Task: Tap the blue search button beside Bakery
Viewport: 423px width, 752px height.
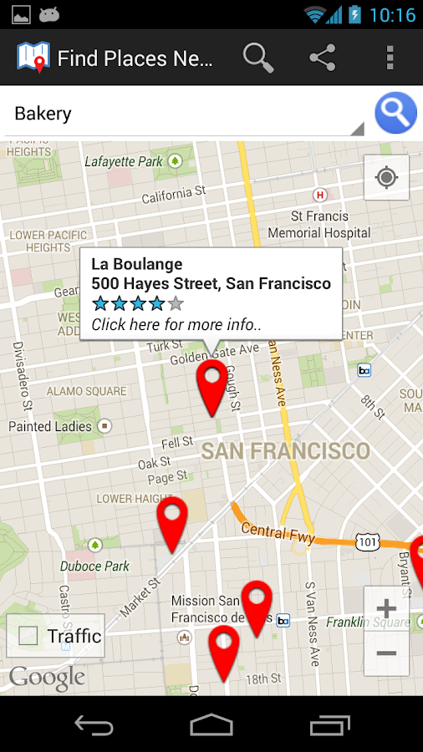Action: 395,113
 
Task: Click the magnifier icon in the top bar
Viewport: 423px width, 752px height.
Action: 258,58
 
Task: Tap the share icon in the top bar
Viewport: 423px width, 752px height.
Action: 322,58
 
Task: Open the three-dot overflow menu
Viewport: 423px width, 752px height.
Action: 390,58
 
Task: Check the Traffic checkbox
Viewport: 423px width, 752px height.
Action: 28,636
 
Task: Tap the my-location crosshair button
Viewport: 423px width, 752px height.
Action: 386,177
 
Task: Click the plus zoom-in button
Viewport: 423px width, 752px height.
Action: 386,608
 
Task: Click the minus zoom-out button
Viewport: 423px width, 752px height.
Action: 386,653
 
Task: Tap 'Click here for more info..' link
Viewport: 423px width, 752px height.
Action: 176,324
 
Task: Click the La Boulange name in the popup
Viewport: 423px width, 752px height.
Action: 136,265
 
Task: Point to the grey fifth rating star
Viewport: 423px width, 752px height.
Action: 175,303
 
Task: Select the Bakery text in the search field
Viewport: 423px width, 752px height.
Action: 43,114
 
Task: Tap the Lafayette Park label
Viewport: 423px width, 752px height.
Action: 124,161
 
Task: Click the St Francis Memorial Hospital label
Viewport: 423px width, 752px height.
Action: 319,225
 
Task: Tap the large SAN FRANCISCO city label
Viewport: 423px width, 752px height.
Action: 285,451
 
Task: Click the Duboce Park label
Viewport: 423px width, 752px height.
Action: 94,566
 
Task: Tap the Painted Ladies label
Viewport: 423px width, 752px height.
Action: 50,426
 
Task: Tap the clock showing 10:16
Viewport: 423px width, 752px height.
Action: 392,15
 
